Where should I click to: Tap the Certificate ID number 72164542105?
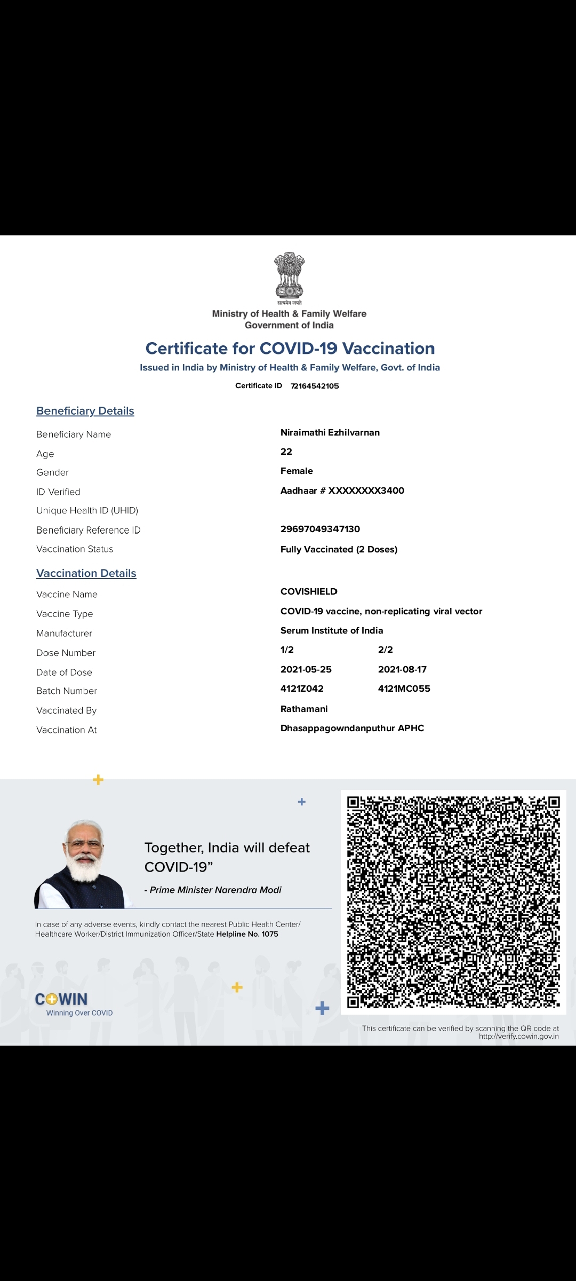[x=315, y=386]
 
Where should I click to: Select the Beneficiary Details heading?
[x=85, y=411]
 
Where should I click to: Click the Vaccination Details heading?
[x=86, y=573]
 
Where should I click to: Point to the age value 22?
[x=286, y=452]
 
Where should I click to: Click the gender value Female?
[x=297, y=471]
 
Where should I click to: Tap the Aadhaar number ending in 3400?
[x=342, y=491]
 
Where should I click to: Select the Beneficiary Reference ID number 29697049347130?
[x=320, y=529]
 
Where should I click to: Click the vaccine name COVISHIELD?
[x=309, y=591]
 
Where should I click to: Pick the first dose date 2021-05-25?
[x=306, y=669]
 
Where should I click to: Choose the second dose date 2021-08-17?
[x=402, y=669]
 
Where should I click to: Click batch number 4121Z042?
[x=302, y=689]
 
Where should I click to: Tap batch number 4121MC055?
[x=404, y=689]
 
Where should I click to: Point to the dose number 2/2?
[x=386, y=650]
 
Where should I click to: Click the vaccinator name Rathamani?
[x=304, y=709]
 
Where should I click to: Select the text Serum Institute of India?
[x=332, y=630]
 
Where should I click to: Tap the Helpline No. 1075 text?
[x=247, y=934]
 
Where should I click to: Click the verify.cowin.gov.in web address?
[x=518, y=1037]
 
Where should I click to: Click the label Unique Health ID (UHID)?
[x=87, y=510]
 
